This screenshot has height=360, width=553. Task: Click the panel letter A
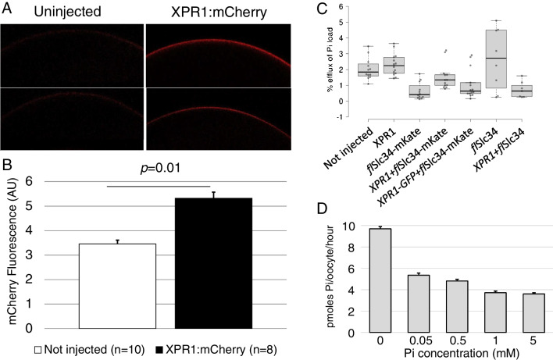click(7, 9)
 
